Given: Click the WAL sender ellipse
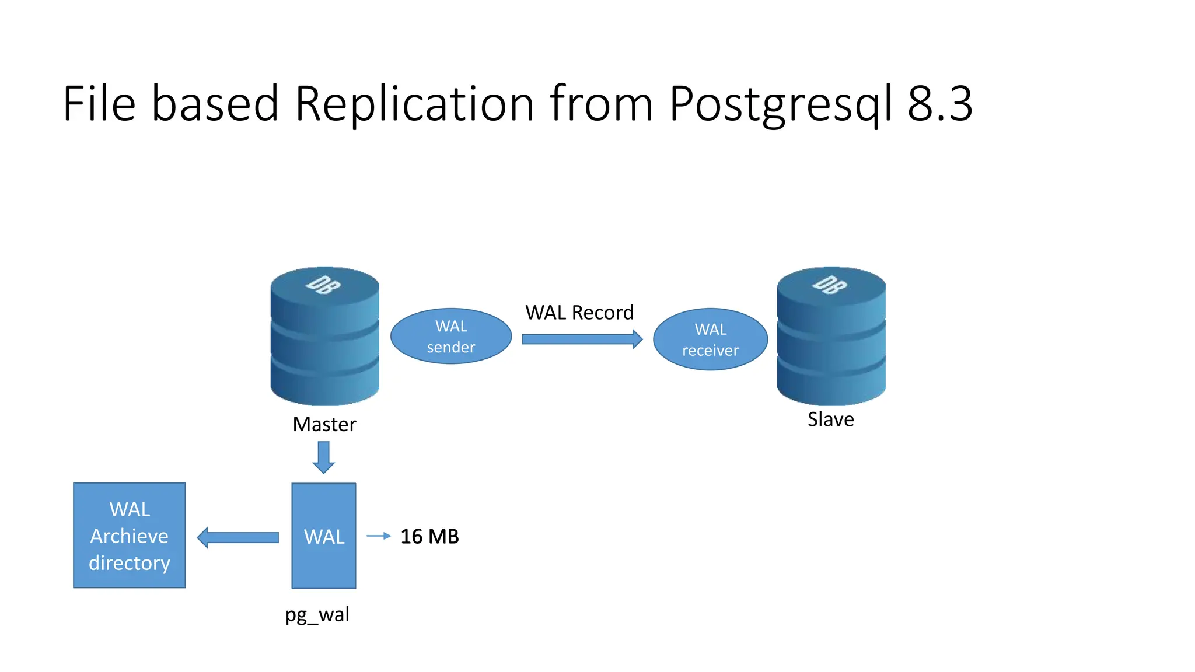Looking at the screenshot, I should [x=450, y=337].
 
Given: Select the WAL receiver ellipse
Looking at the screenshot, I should [x=710, y=339].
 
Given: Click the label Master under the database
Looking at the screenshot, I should [x=324, y=424].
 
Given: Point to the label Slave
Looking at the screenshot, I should [x=830, y=419].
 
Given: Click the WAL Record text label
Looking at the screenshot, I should [x=579, y=313].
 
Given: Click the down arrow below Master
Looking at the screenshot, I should [x=323, y=457].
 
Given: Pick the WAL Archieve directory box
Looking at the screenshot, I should [x=129, y=535].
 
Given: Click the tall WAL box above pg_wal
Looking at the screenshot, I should [x=324, y=535].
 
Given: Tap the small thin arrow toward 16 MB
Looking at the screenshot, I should [x=378, y=535].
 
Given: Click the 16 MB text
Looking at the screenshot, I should [x=429, y=537].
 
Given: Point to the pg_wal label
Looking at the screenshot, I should [x=317, y=615].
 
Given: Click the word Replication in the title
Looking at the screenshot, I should [x=414, y=104].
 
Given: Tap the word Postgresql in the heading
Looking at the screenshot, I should [x=781, y=104].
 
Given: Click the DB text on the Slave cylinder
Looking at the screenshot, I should [x=830, y=285].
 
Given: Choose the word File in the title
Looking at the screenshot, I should [x=99, y=104].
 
